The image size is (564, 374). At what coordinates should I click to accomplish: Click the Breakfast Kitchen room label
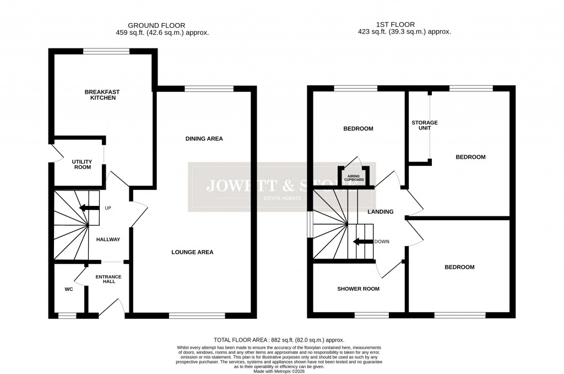[x=102, y=95]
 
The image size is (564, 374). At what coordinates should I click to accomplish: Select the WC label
[x=69, y=288]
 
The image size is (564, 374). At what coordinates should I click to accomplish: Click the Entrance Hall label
[x=109, y=279]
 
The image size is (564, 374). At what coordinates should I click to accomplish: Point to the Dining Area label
[x=204, y=139]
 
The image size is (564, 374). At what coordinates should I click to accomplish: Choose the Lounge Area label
[x=192, y=252]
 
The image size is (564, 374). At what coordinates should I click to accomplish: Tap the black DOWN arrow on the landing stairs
[x=362, y=241]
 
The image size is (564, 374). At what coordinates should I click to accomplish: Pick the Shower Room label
[x=358, y=289]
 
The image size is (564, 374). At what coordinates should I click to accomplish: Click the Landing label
[x=381, y=212]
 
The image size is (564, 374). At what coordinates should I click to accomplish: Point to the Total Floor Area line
[x=279, y=340]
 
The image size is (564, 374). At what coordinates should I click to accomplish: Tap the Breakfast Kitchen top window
[x=106, y=51]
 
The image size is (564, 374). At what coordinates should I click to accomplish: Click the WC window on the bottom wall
[x=67, y=316]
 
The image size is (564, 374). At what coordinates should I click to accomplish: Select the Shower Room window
[x=371, y=316]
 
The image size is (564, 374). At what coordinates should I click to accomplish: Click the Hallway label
[x=108, y=240]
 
